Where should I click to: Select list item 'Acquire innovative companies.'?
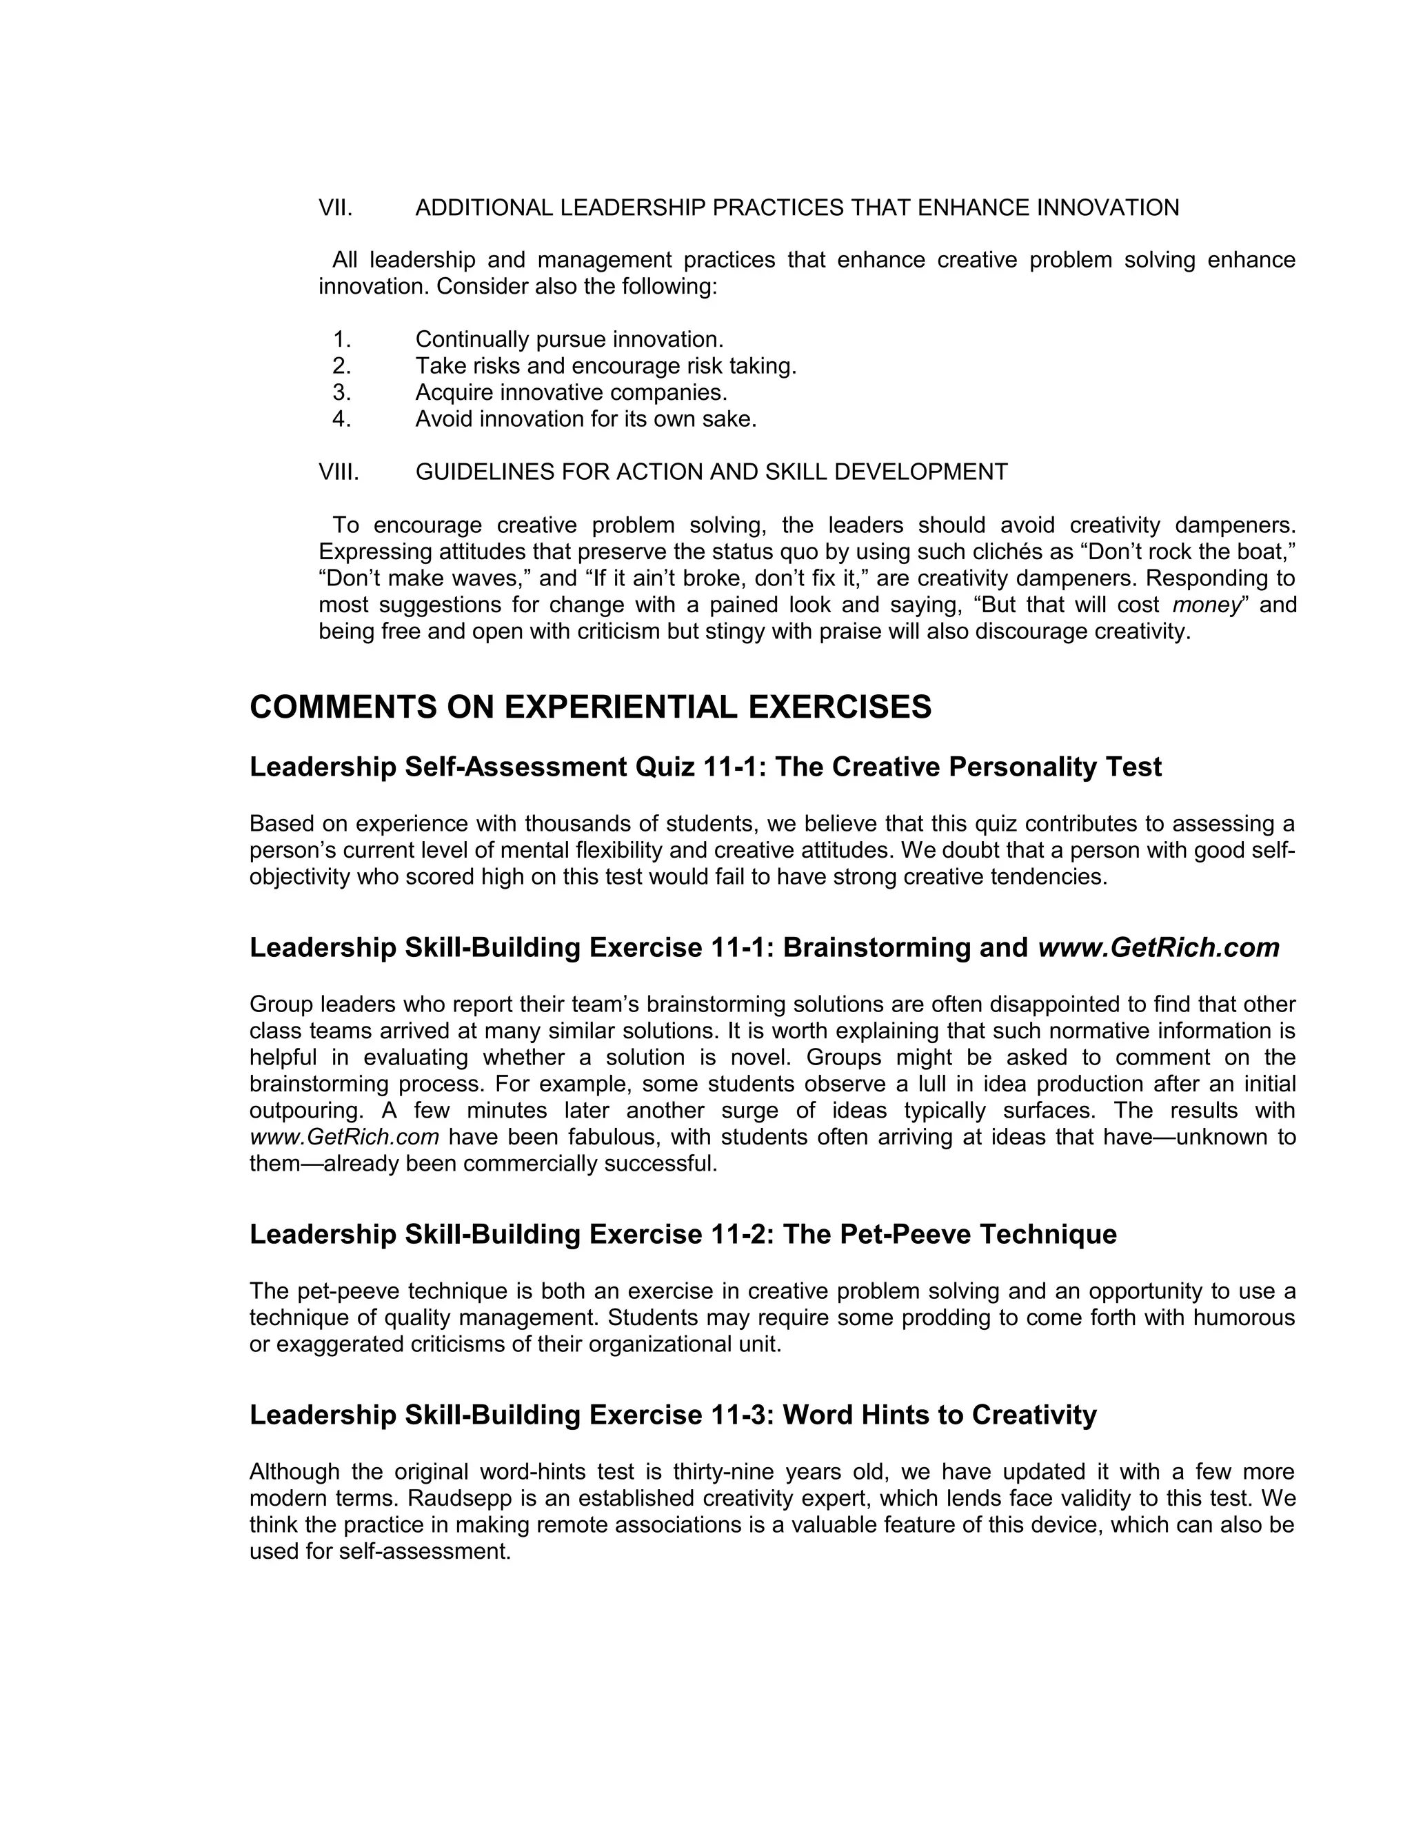(572, 392)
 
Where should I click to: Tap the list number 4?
(341, 419)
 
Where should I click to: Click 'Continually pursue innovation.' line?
(569, 340)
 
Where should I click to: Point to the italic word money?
(1204, 605)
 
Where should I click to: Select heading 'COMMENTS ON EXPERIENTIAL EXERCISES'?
(589, 708)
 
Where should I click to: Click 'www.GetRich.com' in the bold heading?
(1158, 948)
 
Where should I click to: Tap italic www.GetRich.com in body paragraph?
(344, 1138)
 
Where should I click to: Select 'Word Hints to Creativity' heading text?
(940, 1415)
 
